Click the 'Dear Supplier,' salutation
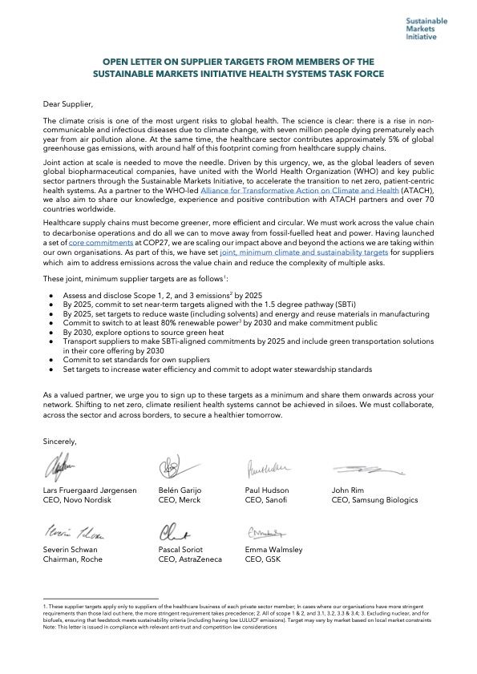pos(68,103)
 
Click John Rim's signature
pos(358,469)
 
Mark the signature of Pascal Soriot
pos(174,531)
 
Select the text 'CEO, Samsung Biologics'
pos(374,499)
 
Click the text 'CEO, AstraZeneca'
pos(188,561)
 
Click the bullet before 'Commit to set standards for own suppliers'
pos(51,360)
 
